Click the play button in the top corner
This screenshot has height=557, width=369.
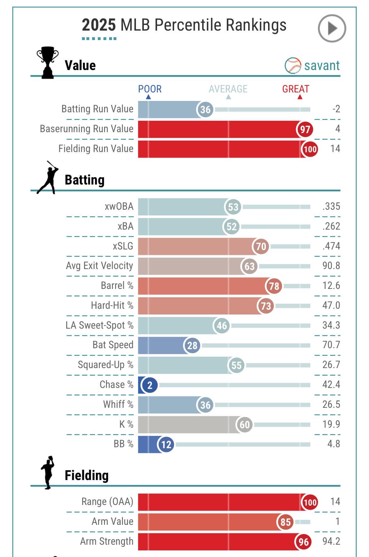[332, 28]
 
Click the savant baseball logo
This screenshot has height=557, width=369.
[293, 66]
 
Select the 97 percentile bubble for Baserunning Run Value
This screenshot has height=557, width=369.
[305, 129]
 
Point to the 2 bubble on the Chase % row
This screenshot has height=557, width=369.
[149, 385]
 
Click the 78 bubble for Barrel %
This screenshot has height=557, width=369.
[274, 286]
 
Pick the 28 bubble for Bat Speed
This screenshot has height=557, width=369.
[192, 345]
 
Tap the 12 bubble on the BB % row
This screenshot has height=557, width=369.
[166, 444]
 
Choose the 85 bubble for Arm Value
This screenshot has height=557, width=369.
[285, 522]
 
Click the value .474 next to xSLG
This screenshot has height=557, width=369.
[331, 246]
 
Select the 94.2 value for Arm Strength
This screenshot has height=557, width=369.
[331, 541]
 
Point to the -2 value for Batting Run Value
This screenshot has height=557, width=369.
[336, 109]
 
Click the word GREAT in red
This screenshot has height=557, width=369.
[296, 89]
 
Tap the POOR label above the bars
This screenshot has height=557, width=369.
[150, 89]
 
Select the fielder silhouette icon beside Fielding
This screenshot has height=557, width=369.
[48, 472]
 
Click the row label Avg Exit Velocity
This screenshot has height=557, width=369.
[99, 266]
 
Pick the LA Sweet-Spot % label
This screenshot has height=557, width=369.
[99, 325]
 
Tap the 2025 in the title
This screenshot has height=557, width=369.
[99, 25]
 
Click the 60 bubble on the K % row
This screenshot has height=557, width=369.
[244, 425]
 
